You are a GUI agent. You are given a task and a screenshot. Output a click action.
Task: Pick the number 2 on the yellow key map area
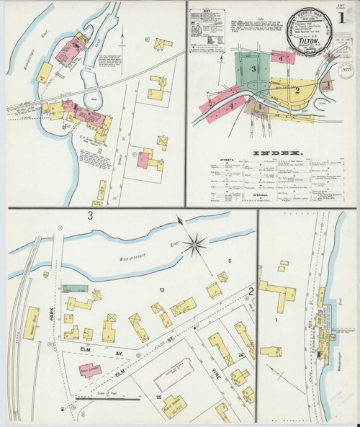point(297,90)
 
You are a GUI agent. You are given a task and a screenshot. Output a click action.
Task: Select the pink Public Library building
point(90,370)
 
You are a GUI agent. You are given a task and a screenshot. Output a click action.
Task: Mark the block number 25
point(158,397)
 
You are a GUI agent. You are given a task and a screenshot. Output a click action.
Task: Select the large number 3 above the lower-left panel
point(90,215)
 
